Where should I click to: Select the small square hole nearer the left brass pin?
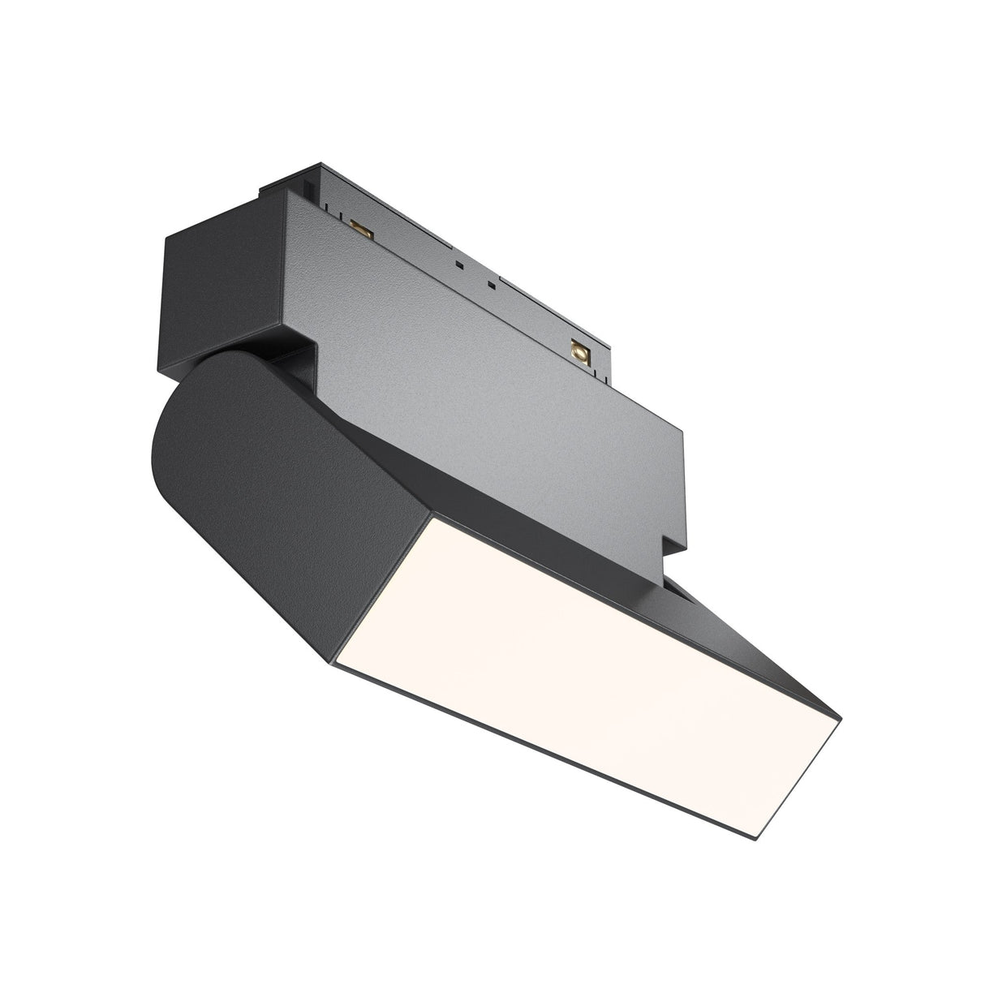coord(459,265)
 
